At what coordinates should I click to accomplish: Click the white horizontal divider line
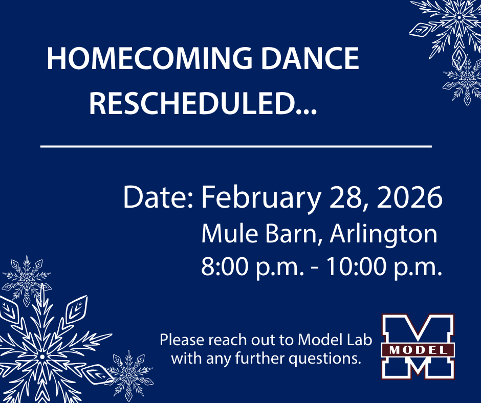[x=236, y=146]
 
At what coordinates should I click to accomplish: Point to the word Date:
[x=158, y=198]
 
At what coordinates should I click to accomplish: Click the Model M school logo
[x=418, y=347]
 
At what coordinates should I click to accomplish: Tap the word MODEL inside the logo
[x=418, y=350]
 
